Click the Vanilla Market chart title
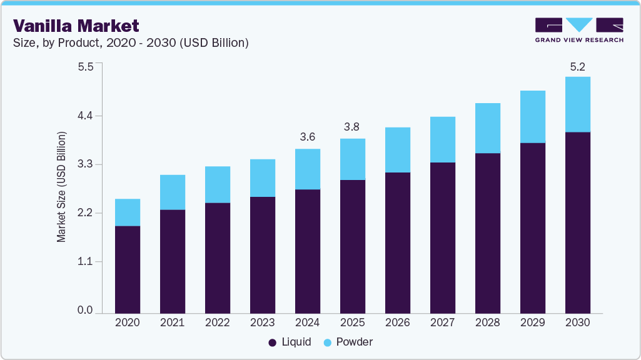(76, 25)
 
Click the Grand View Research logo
(579, 30)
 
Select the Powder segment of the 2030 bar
(577, 104)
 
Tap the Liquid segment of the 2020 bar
(128, 269)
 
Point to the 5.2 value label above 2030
(577, 66)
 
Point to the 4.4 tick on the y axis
(85, 116)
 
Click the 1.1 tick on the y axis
(85, 262)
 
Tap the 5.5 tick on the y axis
(85, 67)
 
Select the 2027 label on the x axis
(443, 323)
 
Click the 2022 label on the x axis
(218, 323)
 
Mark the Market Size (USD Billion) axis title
(61, 187)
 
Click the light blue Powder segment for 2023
(262, 178)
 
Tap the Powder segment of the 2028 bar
(487, 128)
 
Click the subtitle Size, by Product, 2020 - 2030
(131, 43)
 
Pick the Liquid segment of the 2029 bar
(532, 227)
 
